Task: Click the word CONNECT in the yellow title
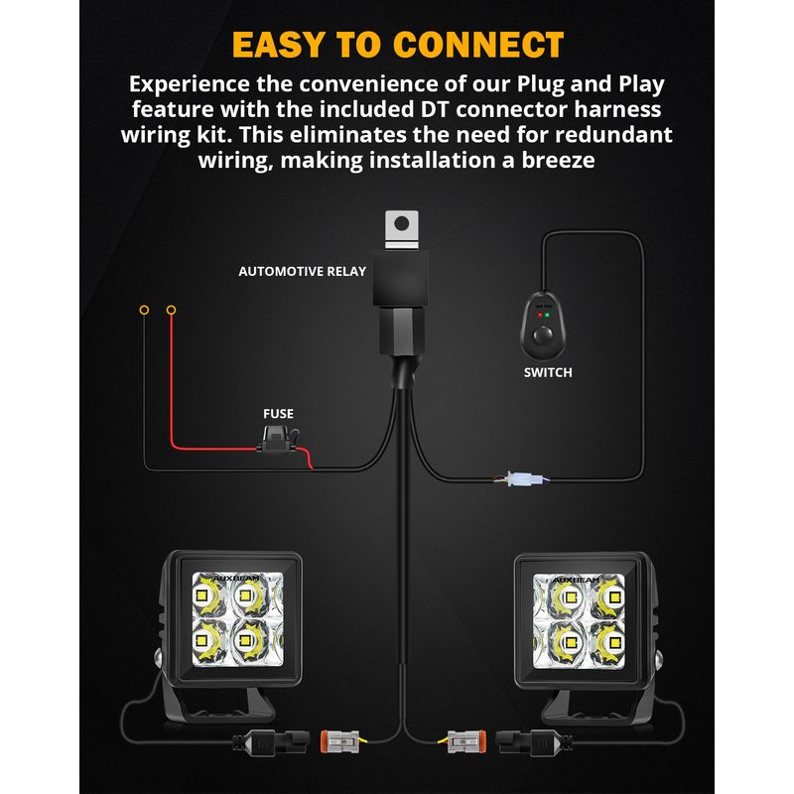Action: point(477,45)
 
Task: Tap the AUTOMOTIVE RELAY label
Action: point(303,271)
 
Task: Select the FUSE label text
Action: point(278,414)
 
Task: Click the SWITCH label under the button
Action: point(548,373)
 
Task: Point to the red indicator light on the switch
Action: point(540,315)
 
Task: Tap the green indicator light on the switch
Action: point(548,315)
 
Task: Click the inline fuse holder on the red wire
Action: point(279,440)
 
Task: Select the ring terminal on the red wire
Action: point(171,310)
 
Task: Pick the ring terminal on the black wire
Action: point(144,310)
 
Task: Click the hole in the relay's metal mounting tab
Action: point(402,222)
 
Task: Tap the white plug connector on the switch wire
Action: point(526,478)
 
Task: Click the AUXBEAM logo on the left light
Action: point(236,579)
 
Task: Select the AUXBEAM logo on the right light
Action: point(577,580)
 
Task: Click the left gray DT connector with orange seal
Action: point(340,741)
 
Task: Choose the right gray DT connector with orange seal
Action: point(466,741)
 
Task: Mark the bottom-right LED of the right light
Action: point(615,643)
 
